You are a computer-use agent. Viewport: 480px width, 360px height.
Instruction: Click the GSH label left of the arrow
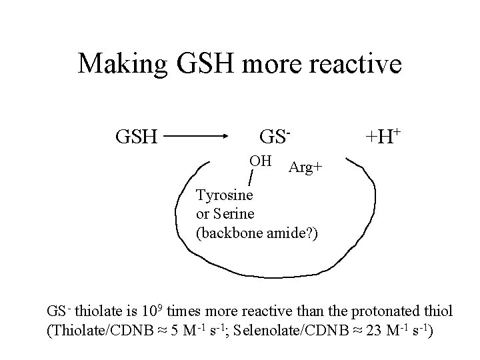[x=136, y=137]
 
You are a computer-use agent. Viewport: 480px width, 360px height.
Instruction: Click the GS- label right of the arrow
[x=275, y=137]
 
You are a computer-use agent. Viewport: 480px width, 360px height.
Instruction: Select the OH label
[x=260, y=161]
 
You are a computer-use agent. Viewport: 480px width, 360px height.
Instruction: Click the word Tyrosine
[x=225, y=197]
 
